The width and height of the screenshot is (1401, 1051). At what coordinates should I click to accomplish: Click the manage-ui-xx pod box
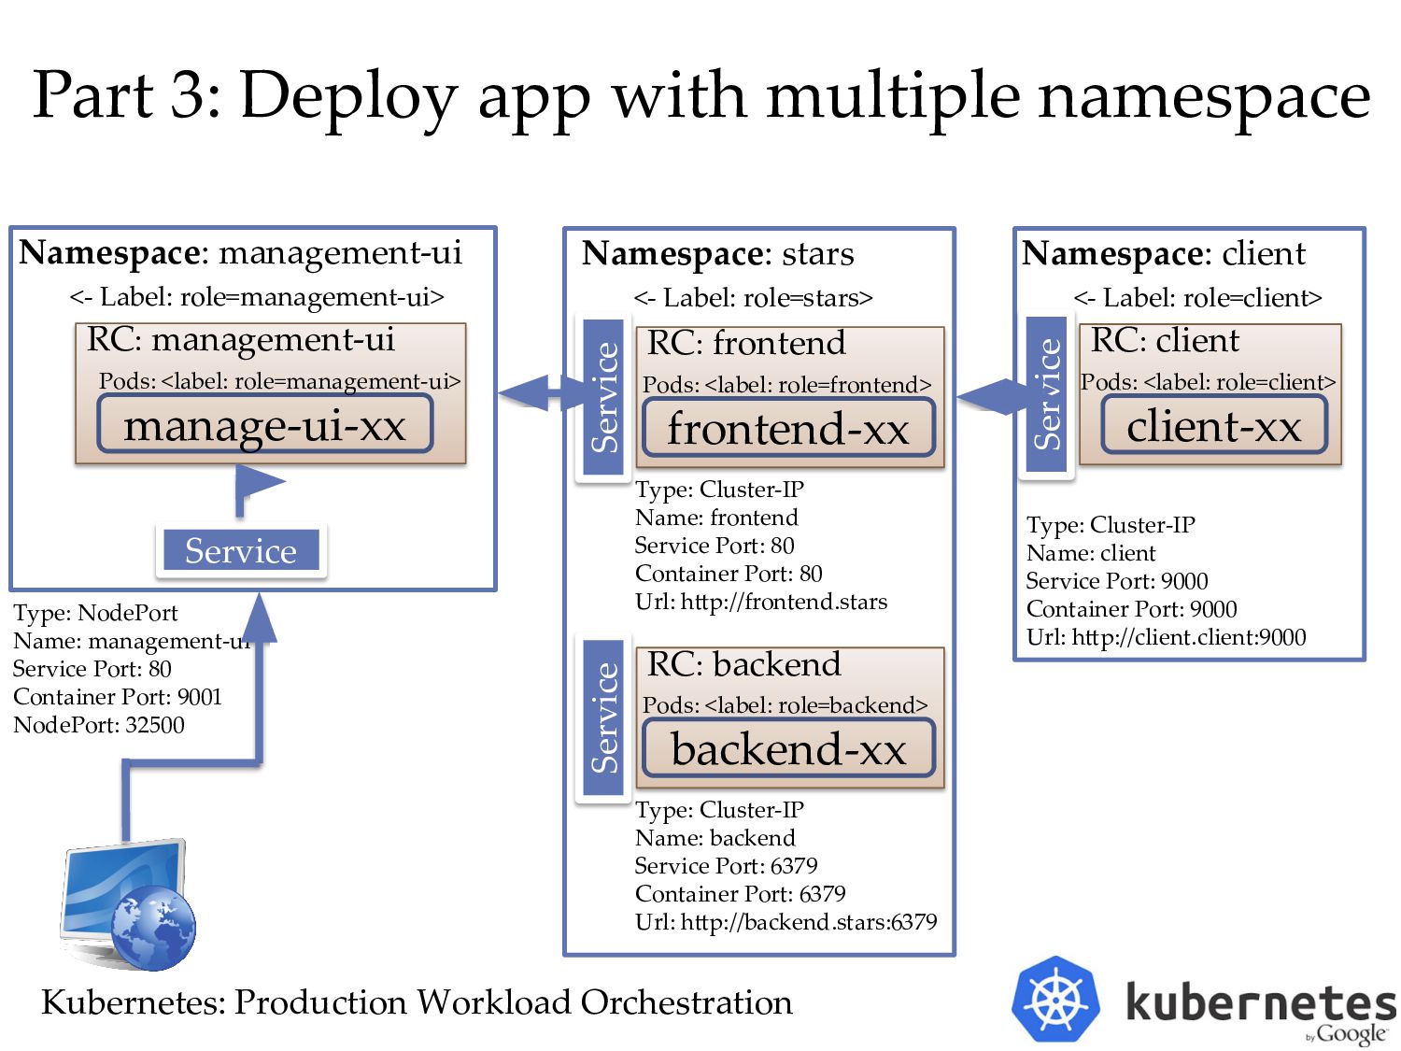pyautogui.click(x=265, y=424)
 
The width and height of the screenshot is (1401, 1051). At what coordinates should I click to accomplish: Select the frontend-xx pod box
pyautogui.click(x=788, y=427)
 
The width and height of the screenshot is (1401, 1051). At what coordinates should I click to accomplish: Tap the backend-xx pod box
pyautogui.click(x=788, y=747)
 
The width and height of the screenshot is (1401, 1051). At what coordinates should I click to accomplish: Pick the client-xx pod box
pyautogui.click(x=1214, y=424)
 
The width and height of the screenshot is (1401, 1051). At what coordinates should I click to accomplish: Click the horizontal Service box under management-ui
pyautogui.click(x=241, y=549)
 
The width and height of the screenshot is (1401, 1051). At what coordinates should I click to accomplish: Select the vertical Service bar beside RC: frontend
pyautogui.click(x=603, y=397)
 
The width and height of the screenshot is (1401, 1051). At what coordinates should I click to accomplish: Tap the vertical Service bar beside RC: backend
pyautogui.click(x=603, y=717)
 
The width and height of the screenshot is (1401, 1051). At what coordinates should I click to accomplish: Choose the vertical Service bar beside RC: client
pyautogui.click(x=1046, y=393)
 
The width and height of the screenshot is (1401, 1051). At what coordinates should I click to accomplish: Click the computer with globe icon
pyautogui.click(x=128, y=904)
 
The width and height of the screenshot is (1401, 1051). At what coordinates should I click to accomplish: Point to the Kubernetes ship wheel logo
pyautogui.click(x=1055, y=1000)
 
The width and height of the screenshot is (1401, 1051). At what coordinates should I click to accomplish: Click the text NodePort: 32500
pyautogui.click(x=99, y=725)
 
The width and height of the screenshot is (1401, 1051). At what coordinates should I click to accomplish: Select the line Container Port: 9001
pyautogui.click(x=118, y=697)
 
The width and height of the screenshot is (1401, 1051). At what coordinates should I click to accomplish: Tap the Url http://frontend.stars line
pyautogui.click(x=761, y=602)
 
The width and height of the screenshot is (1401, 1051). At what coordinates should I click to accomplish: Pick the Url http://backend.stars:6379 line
pyautogui.click(x=785, y=922)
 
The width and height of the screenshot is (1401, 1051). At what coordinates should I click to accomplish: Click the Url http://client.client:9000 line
pyautogui.click(x=1167, y=637)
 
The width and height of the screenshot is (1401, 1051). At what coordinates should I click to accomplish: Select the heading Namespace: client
pyautogui.click(x=1164, y=253)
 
